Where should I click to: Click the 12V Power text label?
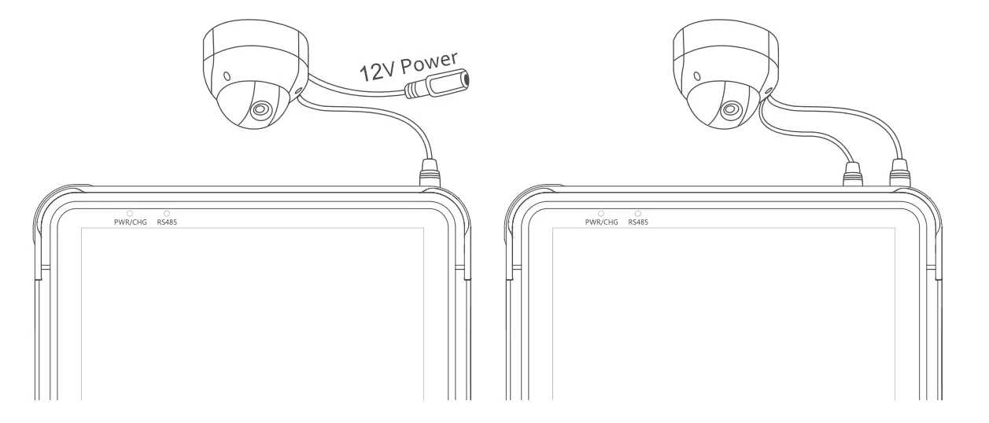408,66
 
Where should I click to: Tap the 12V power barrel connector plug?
437,84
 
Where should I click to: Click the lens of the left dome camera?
260,109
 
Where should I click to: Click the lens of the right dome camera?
731,109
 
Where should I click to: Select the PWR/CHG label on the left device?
131,223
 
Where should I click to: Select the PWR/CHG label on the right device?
601,223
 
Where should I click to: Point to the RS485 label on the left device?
167,223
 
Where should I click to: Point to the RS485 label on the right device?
638,223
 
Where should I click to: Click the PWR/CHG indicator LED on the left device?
130,214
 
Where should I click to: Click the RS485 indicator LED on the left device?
167,214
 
